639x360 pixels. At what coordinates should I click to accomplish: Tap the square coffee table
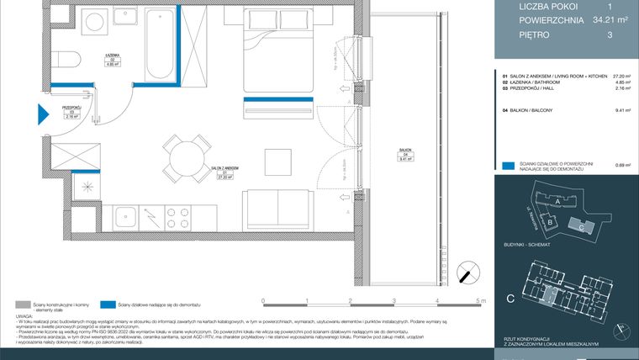(x=277, y=160)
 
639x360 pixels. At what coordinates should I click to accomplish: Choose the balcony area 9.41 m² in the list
(x=622, y=109)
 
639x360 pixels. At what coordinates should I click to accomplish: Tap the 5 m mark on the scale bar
(x=478, y=300)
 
